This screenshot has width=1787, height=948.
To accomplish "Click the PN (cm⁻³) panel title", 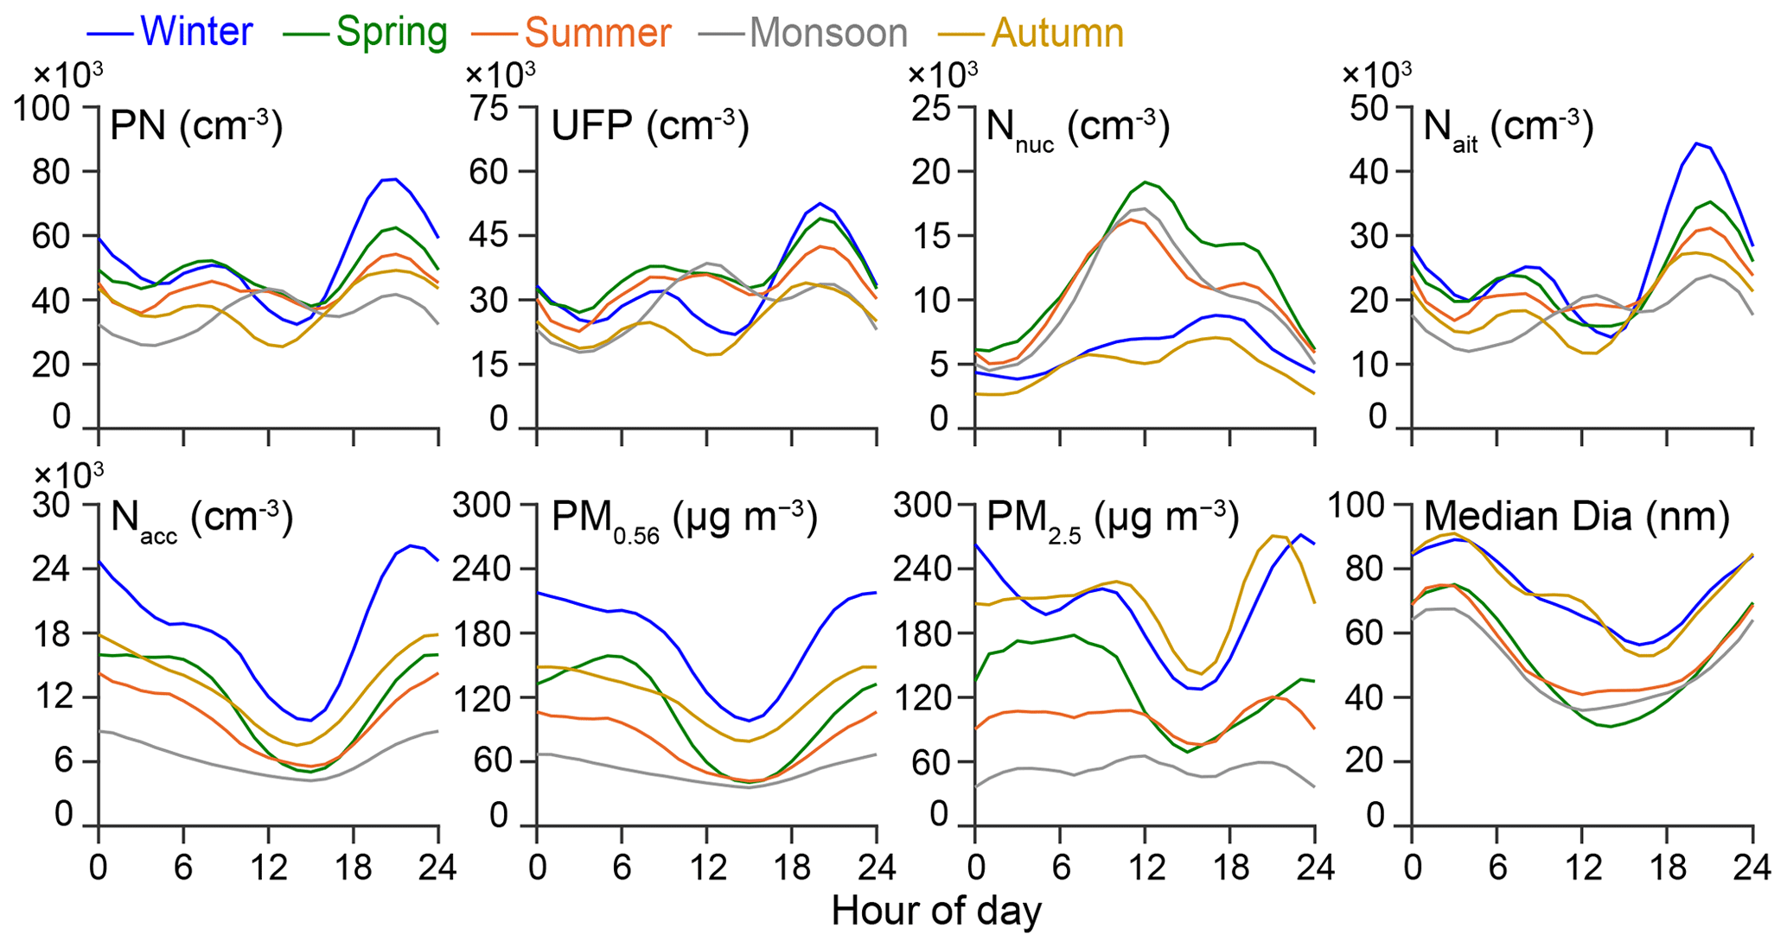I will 196,127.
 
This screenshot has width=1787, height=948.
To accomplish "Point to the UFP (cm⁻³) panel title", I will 650,127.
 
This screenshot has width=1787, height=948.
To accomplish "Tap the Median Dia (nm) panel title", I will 1576,517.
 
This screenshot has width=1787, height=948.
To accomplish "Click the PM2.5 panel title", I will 1114,519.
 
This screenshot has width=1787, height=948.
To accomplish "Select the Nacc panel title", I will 202,519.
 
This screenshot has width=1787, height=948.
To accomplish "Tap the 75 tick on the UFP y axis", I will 490,108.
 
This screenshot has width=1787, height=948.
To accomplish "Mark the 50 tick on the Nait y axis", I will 1367,108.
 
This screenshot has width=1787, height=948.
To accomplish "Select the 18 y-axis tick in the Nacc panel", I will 52,633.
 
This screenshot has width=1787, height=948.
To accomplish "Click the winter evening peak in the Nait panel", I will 1696,143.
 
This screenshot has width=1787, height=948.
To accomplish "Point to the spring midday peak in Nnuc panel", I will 1146,182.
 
